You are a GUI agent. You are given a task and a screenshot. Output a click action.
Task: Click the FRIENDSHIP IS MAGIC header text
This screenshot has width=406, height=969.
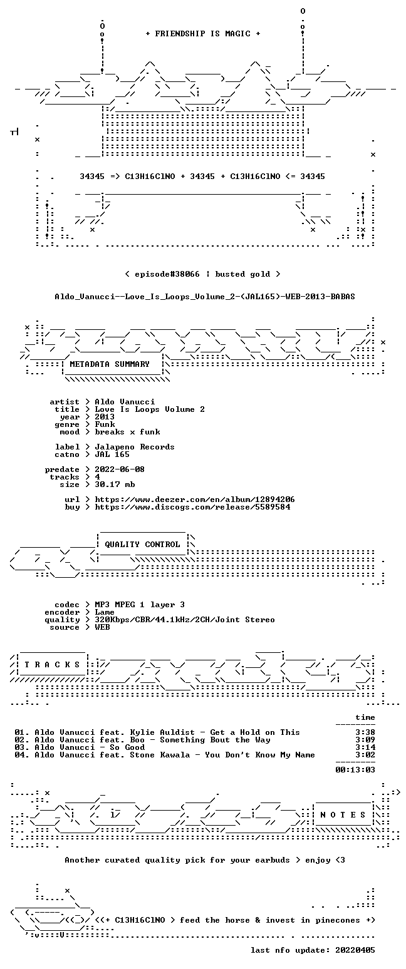click(203, 34)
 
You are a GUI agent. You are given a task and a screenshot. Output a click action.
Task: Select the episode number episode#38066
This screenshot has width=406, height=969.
click(167, 274)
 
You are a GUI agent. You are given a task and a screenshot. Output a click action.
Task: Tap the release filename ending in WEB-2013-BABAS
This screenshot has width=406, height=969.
click(205, 297)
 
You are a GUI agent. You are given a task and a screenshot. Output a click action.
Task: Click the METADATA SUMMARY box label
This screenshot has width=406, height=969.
click(110, 364)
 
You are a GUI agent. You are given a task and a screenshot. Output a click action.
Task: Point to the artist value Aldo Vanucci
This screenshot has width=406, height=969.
click(125, 402)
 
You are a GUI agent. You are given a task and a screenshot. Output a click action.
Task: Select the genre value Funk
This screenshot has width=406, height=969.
click(105, 424)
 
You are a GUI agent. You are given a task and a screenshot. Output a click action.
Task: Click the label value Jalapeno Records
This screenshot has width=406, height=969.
click(135, 447)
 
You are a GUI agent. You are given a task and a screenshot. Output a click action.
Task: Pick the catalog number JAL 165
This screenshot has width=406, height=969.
click(112, 454)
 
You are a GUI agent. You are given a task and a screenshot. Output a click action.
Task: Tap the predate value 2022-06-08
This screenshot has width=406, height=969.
click(120, 469)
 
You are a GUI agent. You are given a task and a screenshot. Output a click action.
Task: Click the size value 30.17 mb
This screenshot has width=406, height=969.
click(115, 484)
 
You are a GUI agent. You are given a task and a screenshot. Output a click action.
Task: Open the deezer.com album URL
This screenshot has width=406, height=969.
click(195, 500)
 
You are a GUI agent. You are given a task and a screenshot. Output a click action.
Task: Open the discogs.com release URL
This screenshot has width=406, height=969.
click(192, 507)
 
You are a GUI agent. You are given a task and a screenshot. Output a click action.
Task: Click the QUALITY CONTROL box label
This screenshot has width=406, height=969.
click(142, 545)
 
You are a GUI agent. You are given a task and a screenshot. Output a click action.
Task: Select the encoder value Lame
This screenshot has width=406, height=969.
click(105, 612)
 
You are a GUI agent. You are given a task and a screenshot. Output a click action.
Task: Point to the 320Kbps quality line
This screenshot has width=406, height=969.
click(185, 620)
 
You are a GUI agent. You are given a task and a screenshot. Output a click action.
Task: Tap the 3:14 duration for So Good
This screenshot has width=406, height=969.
click(365, 747)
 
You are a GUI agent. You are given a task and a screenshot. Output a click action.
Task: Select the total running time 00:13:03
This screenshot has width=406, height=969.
click(355, 770)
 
